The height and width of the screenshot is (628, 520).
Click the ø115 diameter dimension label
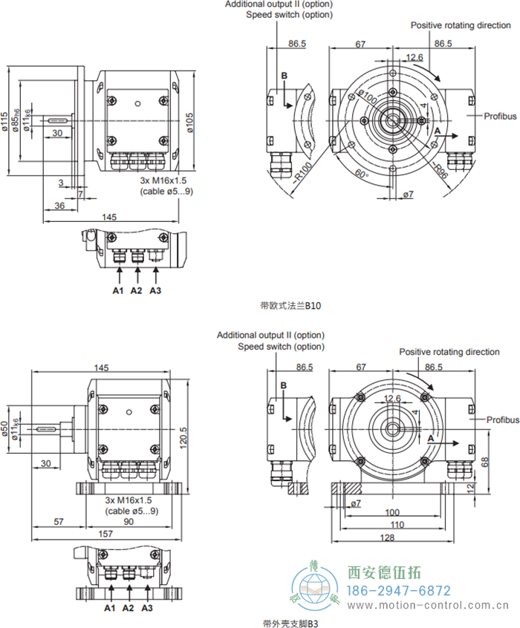tap(7, 122)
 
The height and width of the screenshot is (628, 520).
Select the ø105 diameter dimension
tap(190, 122)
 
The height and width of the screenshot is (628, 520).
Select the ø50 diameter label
tap(7, 430)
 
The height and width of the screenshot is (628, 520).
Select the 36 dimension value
tap(59, 205)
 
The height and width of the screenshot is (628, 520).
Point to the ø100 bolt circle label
tap(367, 97)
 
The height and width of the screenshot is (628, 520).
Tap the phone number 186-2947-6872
tap(399, 591)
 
